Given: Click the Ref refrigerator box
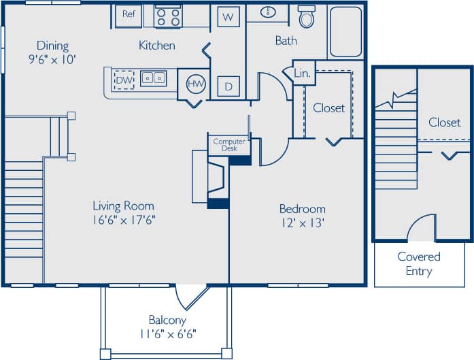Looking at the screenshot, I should [x=128, y=14].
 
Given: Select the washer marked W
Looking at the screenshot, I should [x=228, y=16].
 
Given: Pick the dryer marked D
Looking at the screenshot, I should [x=228, y=86].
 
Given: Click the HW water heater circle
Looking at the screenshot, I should [x=196, y=83].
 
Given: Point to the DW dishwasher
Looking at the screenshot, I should [x=123, y=80].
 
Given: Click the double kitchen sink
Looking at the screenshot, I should [x=154, y=78].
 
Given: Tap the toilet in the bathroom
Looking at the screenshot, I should [x=307, y=17].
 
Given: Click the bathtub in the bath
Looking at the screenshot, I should [x=346, y=32].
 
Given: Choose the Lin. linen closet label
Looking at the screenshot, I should [x=303, y=72].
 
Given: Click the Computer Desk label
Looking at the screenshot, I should [x=229, y=144].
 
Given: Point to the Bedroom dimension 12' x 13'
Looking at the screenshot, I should [x=302, y=222].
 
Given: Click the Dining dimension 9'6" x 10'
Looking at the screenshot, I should [x=52, y=59].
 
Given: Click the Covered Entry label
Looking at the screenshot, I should [x=418, y=264].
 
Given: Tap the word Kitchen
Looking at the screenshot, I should [x=157, y=46].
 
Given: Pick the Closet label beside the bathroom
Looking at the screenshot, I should [x=328, y=108].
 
